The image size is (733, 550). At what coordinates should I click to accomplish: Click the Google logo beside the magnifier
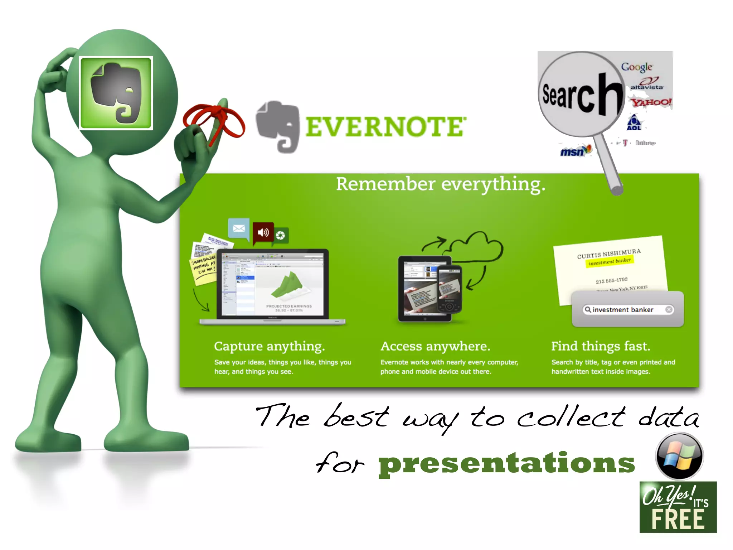(636, 67)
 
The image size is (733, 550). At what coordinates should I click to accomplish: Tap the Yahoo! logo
(651, 102)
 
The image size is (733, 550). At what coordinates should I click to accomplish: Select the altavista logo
(647, 85)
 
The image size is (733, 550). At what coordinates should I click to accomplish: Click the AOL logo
(634, 123)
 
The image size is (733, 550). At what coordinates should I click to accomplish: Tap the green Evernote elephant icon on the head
(116, 93)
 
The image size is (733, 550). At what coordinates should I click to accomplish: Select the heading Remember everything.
(441, 184)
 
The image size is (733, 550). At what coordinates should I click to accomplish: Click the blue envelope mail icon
(239, 228)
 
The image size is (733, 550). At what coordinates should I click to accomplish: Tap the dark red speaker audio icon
(263, 232)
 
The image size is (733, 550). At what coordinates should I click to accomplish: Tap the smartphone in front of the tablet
(450, 289)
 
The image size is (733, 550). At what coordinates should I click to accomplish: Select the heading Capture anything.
(269, 346)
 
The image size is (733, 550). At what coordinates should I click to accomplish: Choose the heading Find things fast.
(601, 346)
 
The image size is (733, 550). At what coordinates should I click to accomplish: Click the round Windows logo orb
(679, 456)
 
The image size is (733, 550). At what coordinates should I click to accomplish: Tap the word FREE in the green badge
(678, 520)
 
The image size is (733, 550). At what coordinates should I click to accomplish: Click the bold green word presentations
(506, 463)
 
